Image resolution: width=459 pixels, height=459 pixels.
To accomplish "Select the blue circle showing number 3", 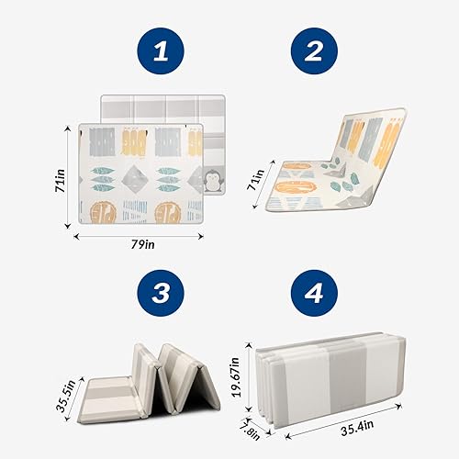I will (162, 295).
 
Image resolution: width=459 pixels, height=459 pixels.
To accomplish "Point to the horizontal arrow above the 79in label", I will (152, 235).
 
